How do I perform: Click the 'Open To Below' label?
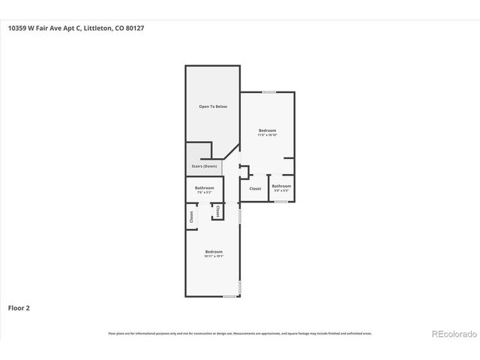pos(213,107)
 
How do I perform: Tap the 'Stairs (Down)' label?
pos(205,166)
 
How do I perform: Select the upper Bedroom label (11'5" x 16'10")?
pos(267,130)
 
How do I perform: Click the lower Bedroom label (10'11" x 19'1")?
pos(213,252)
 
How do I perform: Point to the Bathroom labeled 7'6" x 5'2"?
pos(205,187)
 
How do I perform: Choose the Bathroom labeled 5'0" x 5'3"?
pos(281,186)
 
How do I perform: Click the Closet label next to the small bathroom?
pos(255,188)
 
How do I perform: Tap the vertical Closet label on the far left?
pos(191,216)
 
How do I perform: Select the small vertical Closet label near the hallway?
pos(217,212)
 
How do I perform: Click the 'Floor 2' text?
pos(19,307)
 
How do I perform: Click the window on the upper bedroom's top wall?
pos(268,92)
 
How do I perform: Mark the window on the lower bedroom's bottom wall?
pos(229,296)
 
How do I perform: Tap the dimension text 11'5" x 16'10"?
pos(267,135)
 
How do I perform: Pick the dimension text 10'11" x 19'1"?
pos(213,256)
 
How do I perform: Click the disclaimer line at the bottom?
pos(240,333)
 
